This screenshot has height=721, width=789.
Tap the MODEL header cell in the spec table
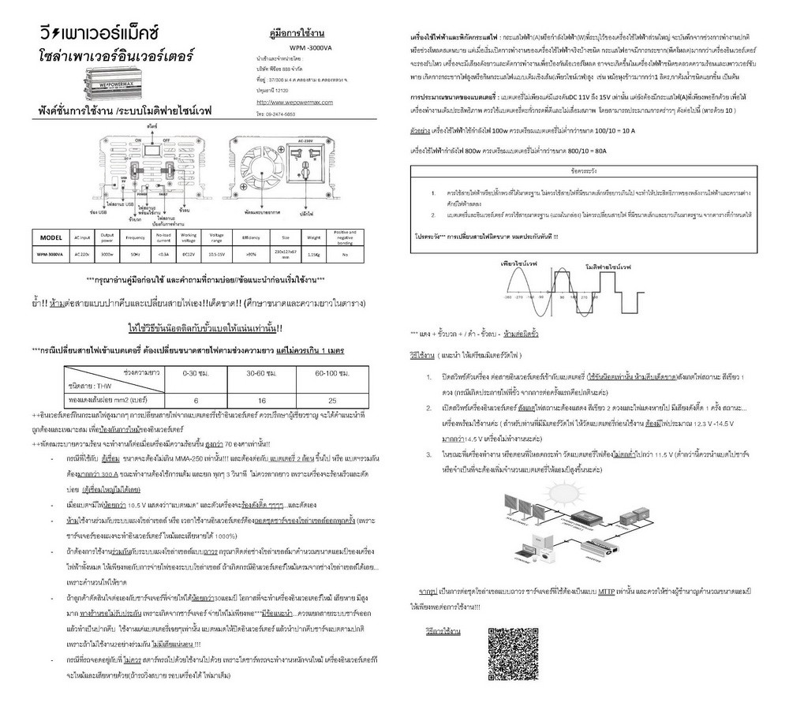click(x=50, y=237)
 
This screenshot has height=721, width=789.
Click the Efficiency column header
click(x=252, y=237)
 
